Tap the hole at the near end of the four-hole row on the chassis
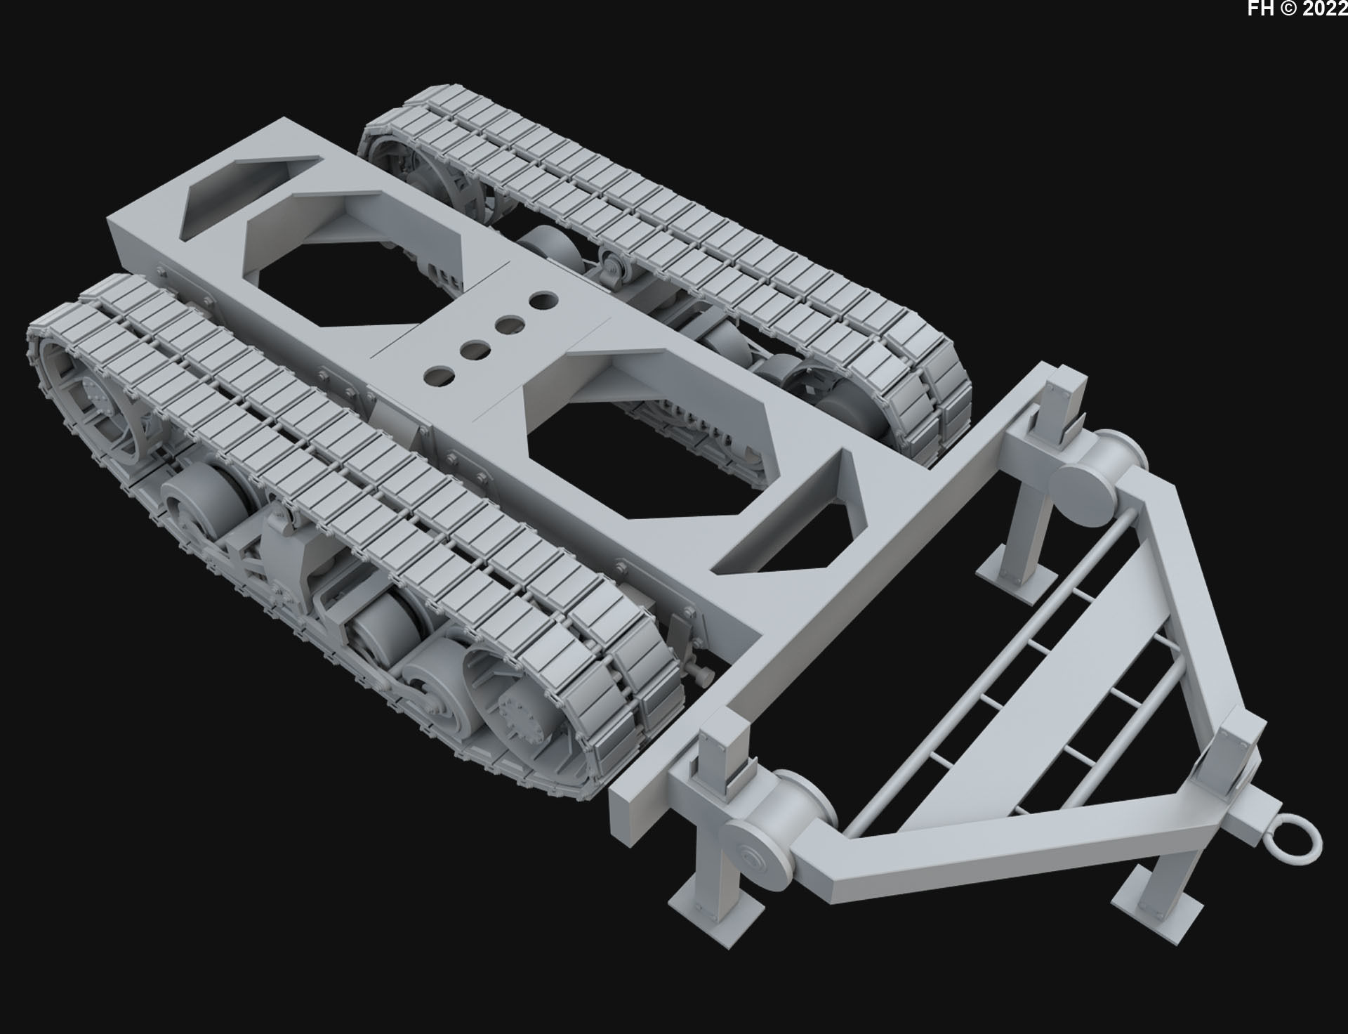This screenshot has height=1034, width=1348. click(440, 376)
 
